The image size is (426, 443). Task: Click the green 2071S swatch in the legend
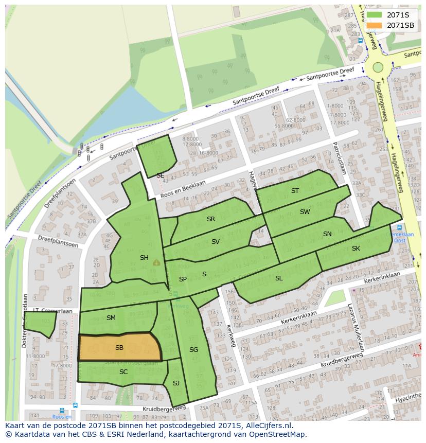(x=374, y=15)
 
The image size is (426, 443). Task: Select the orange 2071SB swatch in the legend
(x=374, y=25)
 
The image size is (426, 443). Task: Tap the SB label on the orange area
(x=119, y=348)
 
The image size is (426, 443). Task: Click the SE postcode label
(x=161, y=175)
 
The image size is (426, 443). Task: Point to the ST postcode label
(x=295, y=191)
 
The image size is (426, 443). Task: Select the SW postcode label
(x=305, y=212)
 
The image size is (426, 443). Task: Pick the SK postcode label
(x=356, y=249)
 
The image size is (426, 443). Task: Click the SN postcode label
(x=327, y=234)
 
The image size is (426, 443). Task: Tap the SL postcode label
(x=279, y=278)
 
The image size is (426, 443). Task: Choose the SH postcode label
(x=144, y=258)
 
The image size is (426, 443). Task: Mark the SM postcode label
(x=111, y=318)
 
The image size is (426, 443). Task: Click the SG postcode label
(x=193, y=350)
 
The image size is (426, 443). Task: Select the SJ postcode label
(x=176, y=383)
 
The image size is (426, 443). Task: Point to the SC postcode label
(x=123, y=371)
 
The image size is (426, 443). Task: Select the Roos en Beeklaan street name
(x=183, y=189)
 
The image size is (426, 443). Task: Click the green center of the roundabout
(x=378, y=67)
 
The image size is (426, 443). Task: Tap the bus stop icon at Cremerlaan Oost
(x=399, y=227)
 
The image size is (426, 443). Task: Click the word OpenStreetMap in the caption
(x=278, y=434)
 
